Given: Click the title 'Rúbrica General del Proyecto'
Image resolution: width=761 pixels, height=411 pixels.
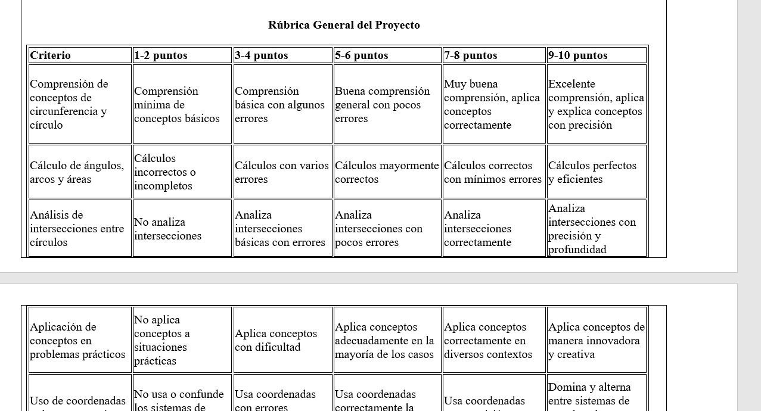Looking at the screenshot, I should [x=344, y=25].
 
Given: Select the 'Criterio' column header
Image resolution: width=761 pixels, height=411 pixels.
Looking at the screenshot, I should [x=51, y=55].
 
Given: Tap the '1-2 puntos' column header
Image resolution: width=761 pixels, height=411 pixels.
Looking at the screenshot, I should [x=161, y=55].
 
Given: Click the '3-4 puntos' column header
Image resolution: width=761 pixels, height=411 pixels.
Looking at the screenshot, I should [x=262, y=55].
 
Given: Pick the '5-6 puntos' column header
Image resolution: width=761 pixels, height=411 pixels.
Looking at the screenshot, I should [x=362, y=55].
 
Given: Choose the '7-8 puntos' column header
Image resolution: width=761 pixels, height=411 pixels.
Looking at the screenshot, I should [x=471, y=55].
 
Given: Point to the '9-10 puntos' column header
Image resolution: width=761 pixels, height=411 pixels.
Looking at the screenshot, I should [x=578, y=55].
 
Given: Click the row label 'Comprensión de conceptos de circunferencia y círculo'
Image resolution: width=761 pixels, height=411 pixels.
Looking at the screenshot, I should [x=69, y=104].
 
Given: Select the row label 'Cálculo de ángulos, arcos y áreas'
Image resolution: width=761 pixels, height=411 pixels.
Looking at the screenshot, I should [x=77, y=172].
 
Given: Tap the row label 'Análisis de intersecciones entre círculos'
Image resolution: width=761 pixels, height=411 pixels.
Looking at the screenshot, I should [x=77, y=229].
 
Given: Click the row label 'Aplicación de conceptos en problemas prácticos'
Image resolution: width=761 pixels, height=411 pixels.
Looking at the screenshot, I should [x=77, y=341].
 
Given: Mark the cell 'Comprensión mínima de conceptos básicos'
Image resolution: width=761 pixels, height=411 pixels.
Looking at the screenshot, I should [x=176, y=105].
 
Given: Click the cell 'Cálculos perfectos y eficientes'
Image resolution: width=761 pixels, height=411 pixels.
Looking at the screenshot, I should [x=592, y=172].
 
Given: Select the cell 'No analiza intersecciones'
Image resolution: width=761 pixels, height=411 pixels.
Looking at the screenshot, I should [x=167, y=229].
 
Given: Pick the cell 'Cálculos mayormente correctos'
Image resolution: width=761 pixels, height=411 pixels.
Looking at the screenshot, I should [x=387, y=172].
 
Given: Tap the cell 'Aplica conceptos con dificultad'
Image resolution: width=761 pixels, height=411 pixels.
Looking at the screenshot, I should [x=276, y=340].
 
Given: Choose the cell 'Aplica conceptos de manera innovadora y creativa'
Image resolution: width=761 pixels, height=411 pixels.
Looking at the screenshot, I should [x=597, y=341].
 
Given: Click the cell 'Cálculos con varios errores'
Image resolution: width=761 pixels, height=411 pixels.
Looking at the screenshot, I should [x=281, y=172].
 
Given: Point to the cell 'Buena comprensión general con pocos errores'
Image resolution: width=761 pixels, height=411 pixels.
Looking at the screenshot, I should [x=382, y=105].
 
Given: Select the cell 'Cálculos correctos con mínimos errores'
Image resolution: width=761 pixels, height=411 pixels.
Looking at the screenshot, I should [x=493, y=172].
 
